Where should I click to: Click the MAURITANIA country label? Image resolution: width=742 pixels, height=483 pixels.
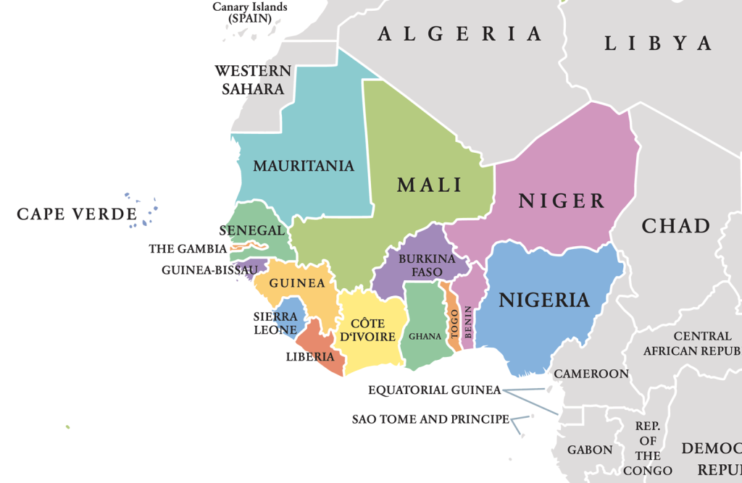pyautogui.click(x=304, y=166)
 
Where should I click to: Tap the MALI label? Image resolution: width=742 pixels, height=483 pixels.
pyautogui.click(x=429, y=185)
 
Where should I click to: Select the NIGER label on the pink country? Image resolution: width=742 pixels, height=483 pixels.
pyautogui.click(x=561, y=201)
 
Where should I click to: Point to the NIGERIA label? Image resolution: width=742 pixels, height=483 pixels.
pyautogui.click(x=543, y=299)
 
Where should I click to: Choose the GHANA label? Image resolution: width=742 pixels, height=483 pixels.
pyautogui.click(x=425, y=336)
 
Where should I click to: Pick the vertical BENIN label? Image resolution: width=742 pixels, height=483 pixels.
pyautogui.click(x=468, y=322)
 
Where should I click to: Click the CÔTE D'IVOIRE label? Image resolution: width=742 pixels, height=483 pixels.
pyautogui.click(x=372, y=329)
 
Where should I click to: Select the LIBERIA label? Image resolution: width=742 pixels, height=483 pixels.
pyautogui.click(x=310, y=356)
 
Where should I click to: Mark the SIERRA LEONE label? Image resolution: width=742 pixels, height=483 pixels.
pyautogui.click(x=275, y=323)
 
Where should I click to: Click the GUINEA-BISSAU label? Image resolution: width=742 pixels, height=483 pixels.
pyautogui.click(x=209, y=270)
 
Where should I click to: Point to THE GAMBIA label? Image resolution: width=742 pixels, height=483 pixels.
pyautogui.click(x=188, y=249)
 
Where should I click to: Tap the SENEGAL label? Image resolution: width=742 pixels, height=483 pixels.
pyautogui.click(x=251, y=230)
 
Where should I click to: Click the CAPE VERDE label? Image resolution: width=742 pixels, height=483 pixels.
pyautogui.click(x=77, y=214)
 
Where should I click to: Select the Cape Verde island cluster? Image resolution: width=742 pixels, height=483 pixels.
pyautogui.click(x=142, y=210)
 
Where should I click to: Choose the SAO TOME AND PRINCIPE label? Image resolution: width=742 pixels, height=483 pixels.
pyautogui.click(x=430, y=419)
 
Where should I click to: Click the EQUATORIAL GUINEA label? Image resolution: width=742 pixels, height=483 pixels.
pyautogui.click(x=434, y=390)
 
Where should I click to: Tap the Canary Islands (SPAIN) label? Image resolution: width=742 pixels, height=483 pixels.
pyautogui.click(x=249, y=12)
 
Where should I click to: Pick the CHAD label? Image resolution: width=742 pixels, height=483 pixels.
pyautogui.click(x=675, y=225)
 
